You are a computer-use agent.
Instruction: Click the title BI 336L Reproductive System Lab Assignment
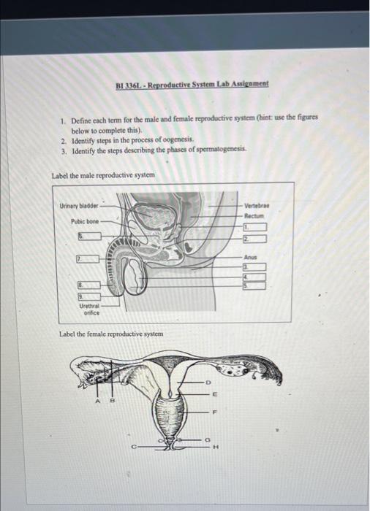click(x=192, y=84)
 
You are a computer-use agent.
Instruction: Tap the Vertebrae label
click(x=257, y=206)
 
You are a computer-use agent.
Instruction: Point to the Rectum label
click(x=254, y=216)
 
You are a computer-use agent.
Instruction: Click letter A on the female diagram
click(x=98, y=401)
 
